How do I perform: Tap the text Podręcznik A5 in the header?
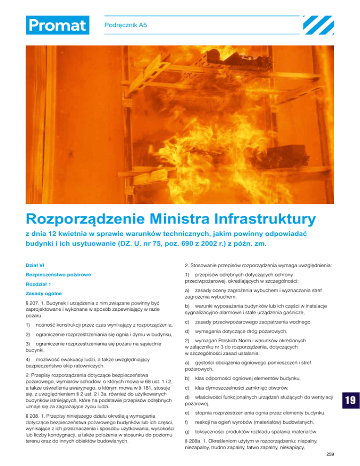[125, 23]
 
